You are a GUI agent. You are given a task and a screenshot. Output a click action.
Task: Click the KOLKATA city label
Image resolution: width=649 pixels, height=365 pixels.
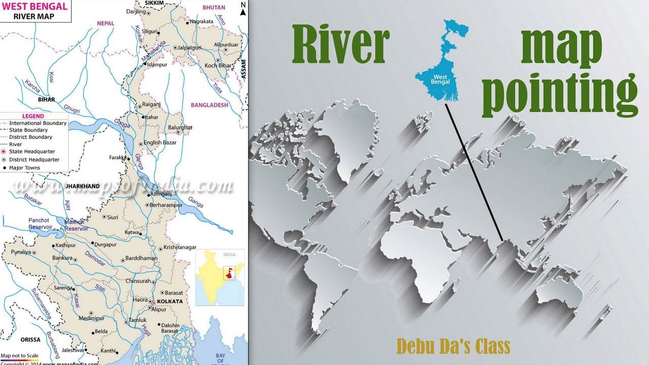point(170,302)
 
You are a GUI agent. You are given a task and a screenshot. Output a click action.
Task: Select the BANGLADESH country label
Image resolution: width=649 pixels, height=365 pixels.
point(209,105)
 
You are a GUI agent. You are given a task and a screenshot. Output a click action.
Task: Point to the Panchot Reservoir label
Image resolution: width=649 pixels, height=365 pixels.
point(40,224)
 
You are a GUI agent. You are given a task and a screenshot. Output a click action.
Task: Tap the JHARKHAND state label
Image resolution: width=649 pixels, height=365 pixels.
point(83,187)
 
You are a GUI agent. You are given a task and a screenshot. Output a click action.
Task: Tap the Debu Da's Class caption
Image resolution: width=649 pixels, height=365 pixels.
point(453,347)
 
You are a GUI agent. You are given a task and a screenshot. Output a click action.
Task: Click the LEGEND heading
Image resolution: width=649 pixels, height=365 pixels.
point(33,116)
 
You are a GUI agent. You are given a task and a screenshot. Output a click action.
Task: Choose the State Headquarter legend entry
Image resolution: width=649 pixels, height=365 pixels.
point(31,152)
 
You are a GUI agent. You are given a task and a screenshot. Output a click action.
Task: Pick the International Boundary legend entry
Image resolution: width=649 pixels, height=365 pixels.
point(38,123)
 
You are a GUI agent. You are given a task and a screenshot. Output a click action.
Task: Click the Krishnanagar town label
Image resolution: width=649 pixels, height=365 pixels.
point(179,247)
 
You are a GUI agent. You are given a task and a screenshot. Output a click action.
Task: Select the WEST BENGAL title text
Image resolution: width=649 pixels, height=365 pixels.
point(34,7)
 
